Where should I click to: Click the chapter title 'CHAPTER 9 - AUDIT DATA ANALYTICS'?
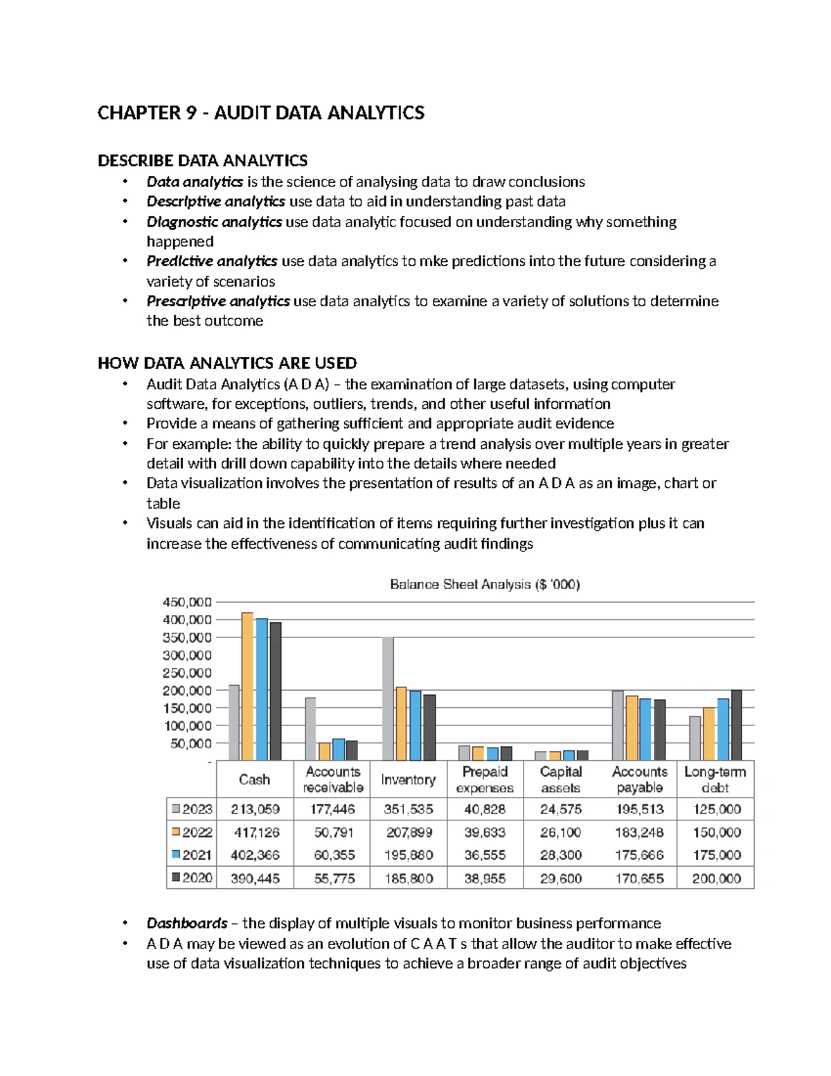point(260,113)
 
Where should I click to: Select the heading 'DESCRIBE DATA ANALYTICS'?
point(202,161)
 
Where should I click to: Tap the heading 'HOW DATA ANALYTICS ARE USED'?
point(227,363)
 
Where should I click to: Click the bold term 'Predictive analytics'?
point(212,261)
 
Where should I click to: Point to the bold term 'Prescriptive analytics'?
point(218,301)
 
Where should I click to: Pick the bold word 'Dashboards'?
point(187,924)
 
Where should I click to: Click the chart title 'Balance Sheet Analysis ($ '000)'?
point(485,585)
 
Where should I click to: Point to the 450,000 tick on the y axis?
point(187,603)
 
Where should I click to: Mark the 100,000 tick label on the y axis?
point(187,726)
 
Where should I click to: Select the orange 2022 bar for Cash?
point(247,686)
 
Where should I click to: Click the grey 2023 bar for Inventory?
point(388,698)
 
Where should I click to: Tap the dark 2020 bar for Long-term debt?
point(736,725)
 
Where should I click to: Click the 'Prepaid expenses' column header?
point(485,779)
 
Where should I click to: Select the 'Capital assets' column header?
point(561,779)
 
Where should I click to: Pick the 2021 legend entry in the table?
point(192,855)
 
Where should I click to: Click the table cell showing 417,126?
point(255,832)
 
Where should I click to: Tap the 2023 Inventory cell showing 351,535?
point(408,809)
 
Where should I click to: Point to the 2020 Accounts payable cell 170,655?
point(639,879)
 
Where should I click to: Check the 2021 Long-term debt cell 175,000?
point(717,855)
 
